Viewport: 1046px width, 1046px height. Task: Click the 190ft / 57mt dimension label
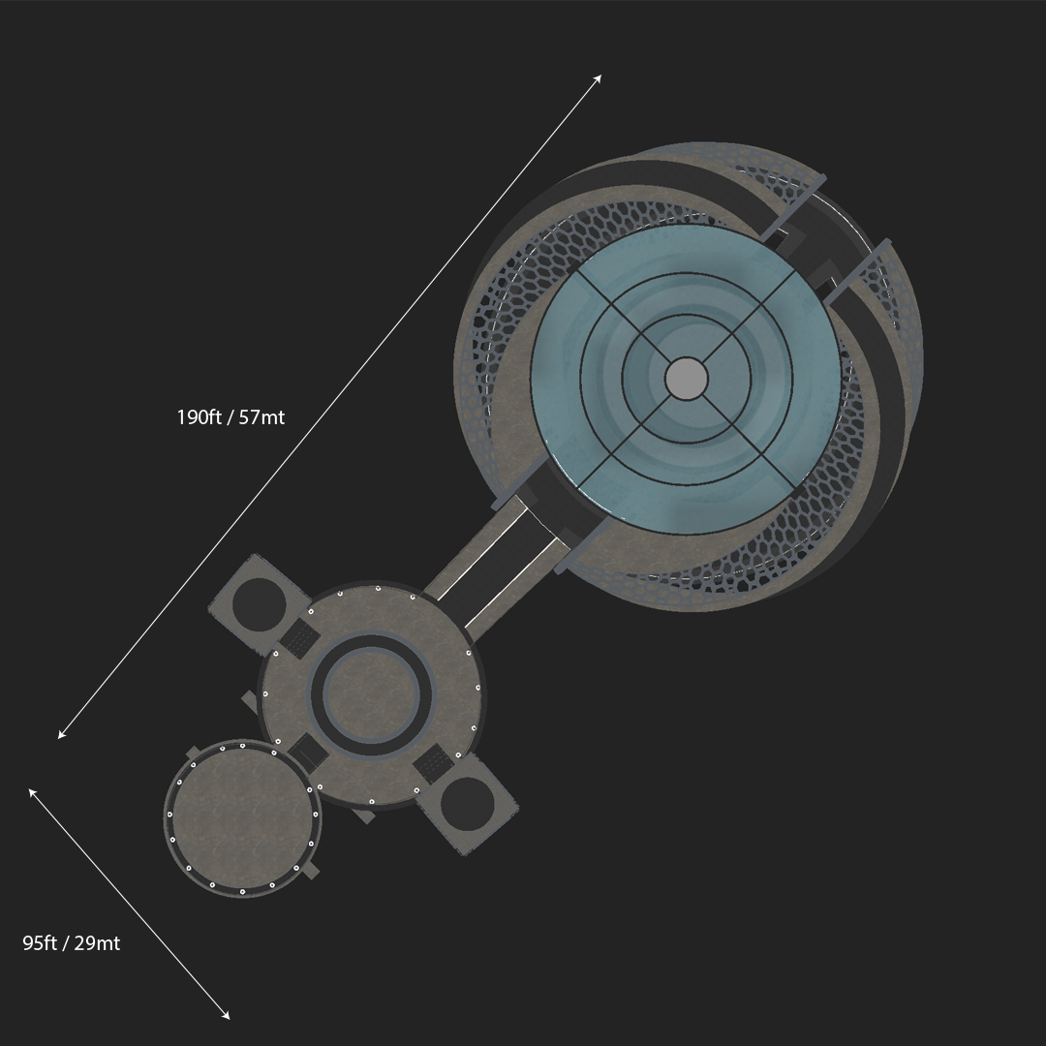(x=231, y=417)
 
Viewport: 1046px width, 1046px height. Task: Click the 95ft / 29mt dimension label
(x=72, y=943)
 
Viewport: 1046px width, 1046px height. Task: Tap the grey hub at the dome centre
(x=687, y=379)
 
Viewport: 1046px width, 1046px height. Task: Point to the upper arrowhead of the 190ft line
(x=599, y=78)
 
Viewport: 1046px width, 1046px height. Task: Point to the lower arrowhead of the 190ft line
(x=61, y=734)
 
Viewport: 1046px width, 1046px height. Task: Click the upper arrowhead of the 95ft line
(x=32, y=792)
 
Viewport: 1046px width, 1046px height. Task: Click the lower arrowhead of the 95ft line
(x=226, y=1016)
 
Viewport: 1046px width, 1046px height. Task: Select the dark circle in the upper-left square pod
(x=259, y=605)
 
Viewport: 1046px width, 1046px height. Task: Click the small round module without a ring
(x=243, y=818)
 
